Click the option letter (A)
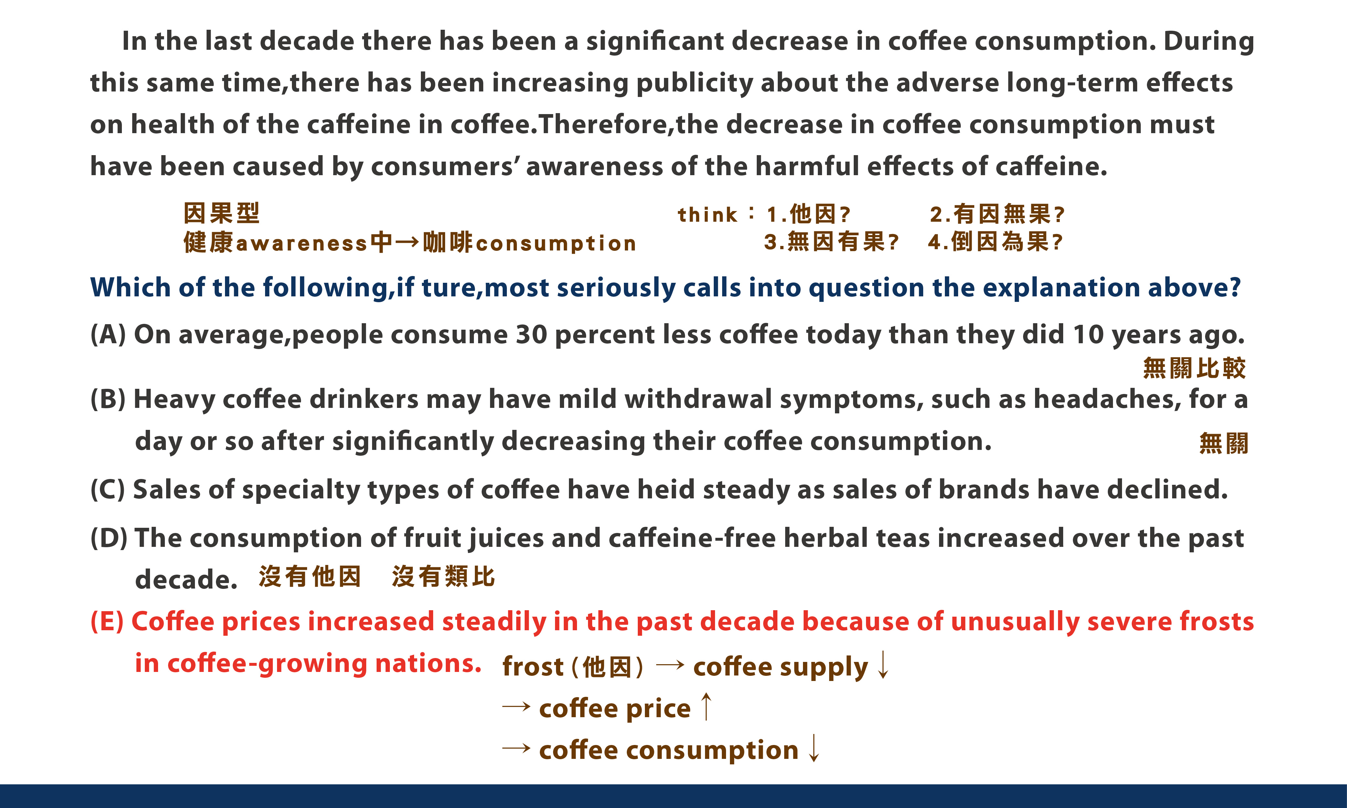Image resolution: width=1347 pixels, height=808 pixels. [108, 334]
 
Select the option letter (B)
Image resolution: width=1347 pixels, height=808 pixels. [108, 399]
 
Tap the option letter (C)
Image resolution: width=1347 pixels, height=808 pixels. [108, 489]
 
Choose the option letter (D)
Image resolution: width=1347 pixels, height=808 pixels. [108, 538]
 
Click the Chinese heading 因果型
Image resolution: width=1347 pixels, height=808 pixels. [221, 213]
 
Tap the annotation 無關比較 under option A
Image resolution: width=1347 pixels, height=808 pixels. [1194, 368]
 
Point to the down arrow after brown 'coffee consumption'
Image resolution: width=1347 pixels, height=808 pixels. [813, 748]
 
